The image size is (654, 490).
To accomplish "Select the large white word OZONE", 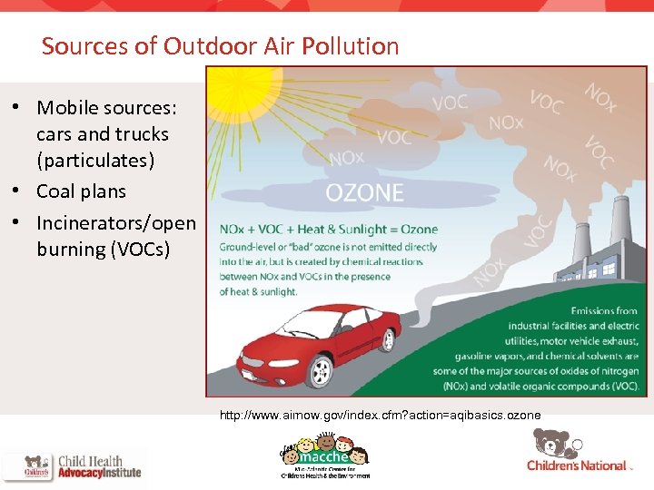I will (364, 192).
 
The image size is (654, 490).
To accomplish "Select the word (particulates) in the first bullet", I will (96, 162).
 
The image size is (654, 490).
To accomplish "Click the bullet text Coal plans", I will (81, 191).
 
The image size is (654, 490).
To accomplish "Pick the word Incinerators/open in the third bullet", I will (115, 222).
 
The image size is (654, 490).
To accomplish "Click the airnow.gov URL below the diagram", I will (380, 415).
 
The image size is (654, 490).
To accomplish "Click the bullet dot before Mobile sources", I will (16, 107).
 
